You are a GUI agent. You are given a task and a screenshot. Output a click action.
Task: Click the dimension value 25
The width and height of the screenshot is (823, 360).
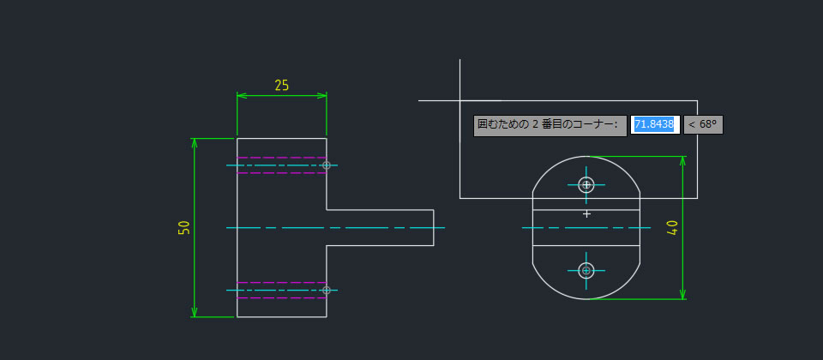(282, 85)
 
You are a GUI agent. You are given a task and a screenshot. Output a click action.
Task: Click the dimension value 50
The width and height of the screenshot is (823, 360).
(183, 228)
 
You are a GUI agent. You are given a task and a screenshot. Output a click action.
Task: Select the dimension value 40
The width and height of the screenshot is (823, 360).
(672, 228)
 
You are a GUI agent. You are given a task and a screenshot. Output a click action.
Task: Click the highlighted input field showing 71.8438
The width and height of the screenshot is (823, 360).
(655, 125)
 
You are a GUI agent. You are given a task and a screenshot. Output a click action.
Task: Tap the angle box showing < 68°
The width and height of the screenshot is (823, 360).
(703, 125)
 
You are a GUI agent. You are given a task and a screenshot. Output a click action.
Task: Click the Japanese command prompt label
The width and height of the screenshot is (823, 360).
(550, 126)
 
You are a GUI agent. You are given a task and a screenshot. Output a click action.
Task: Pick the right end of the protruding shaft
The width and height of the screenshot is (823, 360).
(434, 228)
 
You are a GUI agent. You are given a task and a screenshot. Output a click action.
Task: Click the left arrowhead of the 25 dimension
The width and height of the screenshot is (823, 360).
(242, 95)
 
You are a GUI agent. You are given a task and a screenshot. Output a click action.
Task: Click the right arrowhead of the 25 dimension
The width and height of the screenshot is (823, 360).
(321, 95)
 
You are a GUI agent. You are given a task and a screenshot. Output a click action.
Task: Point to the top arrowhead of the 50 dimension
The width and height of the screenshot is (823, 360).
(195, 143)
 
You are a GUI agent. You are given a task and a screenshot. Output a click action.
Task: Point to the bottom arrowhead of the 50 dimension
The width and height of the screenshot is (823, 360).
(195, 312)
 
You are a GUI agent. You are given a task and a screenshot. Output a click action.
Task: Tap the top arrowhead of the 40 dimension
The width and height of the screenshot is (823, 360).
(683, 161)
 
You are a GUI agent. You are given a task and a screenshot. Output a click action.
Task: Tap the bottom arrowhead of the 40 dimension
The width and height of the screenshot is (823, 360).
(683, 294)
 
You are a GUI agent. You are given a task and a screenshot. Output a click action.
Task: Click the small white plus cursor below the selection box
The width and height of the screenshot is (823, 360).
(586, 214)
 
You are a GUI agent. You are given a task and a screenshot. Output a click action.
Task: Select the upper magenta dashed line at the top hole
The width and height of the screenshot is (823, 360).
(282, 158)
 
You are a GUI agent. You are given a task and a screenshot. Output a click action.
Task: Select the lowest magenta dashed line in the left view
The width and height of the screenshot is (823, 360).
(282, 298)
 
